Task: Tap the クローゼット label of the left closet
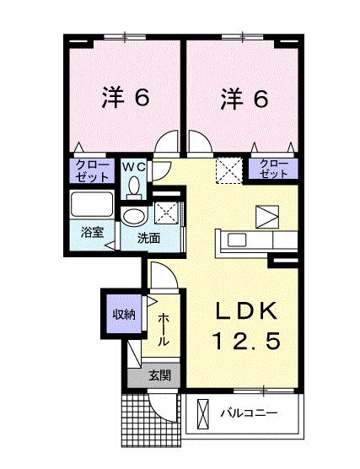click(91, 170)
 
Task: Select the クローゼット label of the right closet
click(273, 169)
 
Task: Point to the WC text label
click(136, 166)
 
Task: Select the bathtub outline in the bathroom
click(92, 205)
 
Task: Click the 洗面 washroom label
click(149, 238)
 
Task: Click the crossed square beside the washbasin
click(166, 211)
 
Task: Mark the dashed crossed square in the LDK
click(227, 170)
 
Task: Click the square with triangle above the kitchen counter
click(265, 216)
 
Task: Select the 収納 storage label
click(123, 314)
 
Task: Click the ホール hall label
click(164, 329)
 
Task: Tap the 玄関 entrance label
click(159, 375)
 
